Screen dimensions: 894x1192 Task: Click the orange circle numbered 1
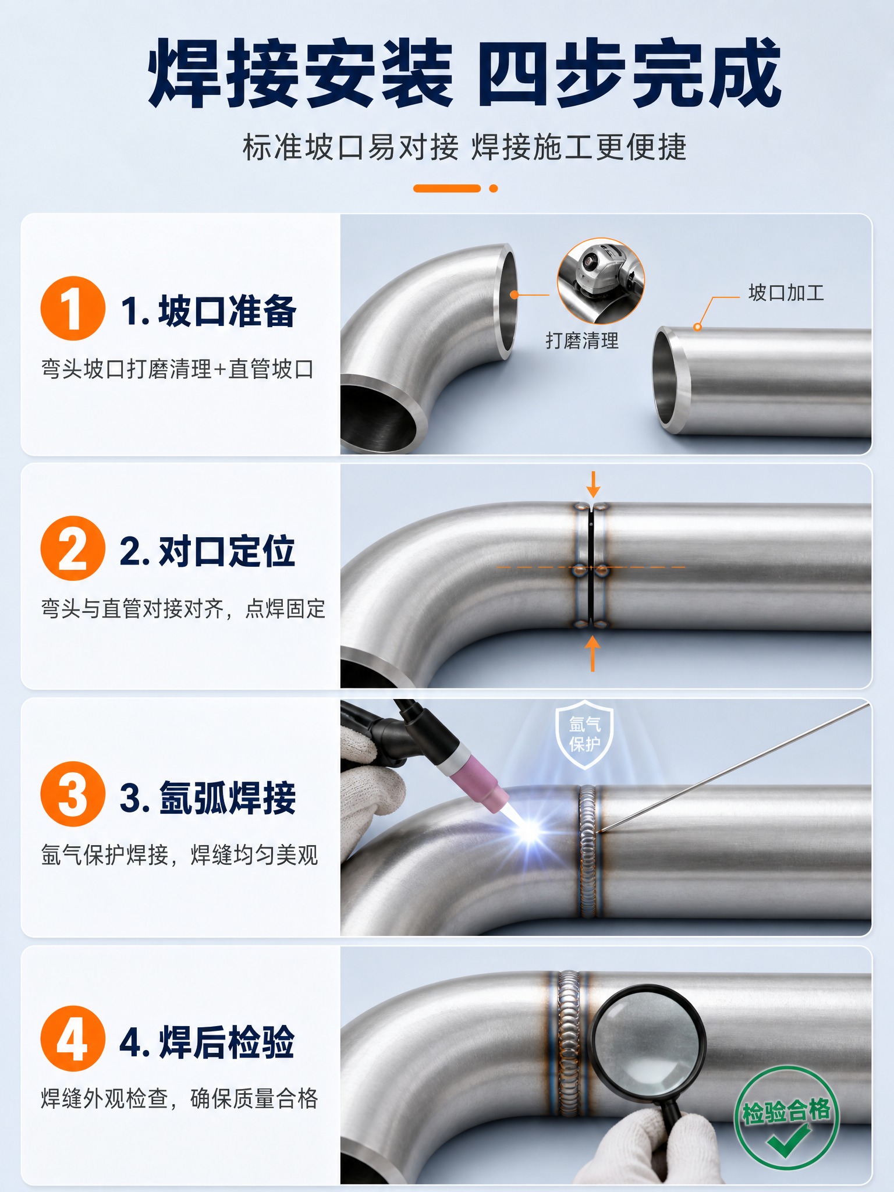pos(73,308)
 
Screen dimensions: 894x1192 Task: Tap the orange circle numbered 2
pos(73,548)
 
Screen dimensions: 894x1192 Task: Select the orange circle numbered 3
pos(73,794)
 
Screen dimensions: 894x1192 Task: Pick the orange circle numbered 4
pos(73,1038)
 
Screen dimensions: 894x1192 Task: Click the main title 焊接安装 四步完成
pos(464,74)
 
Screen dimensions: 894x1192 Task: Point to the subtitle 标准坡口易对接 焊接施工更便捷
pos(464,147)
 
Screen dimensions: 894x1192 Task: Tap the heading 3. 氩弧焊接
pos(208,797)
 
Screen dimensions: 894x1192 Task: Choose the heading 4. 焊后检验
pos(207,1042)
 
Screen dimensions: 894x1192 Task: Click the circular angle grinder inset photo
pos(601,281)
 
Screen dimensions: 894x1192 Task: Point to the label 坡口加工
pos(786,293)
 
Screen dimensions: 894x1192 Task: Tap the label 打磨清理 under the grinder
pos(582,340)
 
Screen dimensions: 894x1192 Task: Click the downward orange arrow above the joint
pos(593,484)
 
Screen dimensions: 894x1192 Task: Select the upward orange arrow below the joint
pos(593,653)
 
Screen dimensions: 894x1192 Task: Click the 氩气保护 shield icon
pos(585,735)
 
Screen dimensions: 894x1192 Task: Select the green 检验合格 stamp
pos(786,1118)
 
